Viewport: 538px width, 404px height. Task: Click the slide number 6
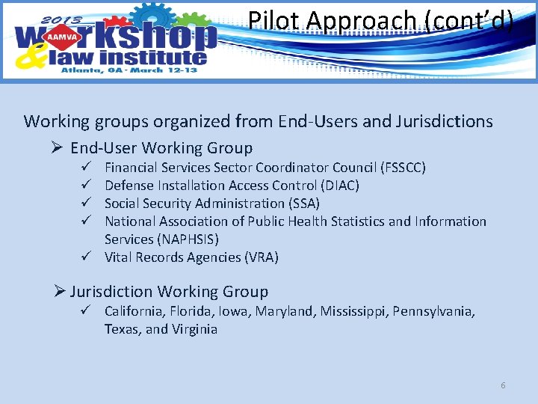coord(503,385)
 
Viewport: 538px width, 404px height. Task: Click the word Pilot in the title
coord(274,20)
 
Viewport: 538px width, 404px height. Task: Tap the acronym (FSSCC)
coord(403,167)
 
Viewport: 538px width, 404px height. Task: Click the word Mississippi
coord(356,310)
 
